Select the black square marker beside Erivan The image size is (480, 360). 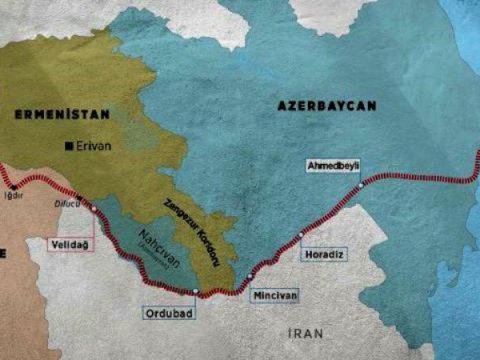coord(69,146)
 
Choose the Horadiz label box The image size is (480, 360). coord(325,254)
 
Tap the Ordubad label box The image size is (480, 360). coord(172,313)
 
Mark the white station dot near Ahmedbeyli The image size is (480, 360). coord(360,186)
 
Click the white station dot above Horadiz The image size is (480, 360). coord(300,235)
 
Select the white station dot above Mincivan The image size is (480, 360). coord(250,275)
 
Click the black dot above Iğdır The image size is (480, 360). coord(14,186)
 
